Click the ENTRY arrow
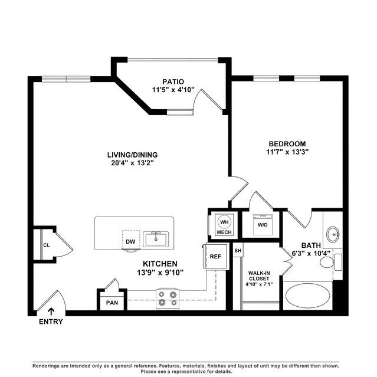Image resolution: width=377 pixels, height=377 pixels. click(x=51, y=312)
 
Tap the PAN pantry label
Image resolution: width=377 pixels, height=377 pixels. click(x=112, y=303)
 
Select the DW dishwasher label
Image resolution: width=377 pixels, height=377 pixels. click(x=130, y=242)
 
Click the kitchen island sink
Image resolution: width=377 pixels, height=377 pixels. click(x=156, y=239)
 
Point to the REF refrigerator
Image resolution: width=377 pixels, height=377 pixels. click(x=215, y=256)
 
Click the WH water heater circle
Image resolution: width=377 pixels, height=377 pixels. click(x=224, y=222)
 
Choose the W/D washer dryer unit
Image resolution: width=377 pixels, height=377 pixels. click(x=263, y=225)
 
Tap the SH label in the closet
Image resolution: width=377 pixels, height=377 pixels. click(x=238, y=251)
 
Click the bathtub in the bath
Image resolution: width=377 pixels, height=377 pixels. click(x=307, y=296)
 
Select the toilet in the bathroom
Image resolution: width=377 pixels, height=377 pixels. click(x=330, y=262)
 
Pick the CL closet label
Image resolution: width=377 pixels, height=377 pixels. click(x=47, y=245)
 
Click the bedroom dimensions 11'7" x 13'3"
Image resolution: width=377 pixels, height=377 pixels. click(x=287, y=152)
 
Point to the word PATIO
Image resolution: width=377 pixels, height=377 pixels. click(x=173, y=82)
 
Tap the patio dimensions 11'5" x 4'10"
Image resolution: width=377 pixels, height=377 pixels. click(x=173, y=90)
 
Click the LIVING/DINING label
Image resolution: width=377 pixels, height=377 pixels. click(x=133, y=155)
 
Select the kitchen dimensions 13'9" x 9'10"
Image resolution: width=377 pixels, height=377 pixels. click(x=160, y=273)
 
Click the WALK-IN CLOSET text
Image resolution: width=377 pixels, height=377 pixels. click(x=259, y=276)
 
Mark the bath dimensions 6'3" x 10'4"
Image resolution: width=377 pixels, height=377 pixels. click(x=311, y=254)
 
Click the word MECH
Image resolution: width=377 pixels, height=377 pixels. click(x=224, y=232)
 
